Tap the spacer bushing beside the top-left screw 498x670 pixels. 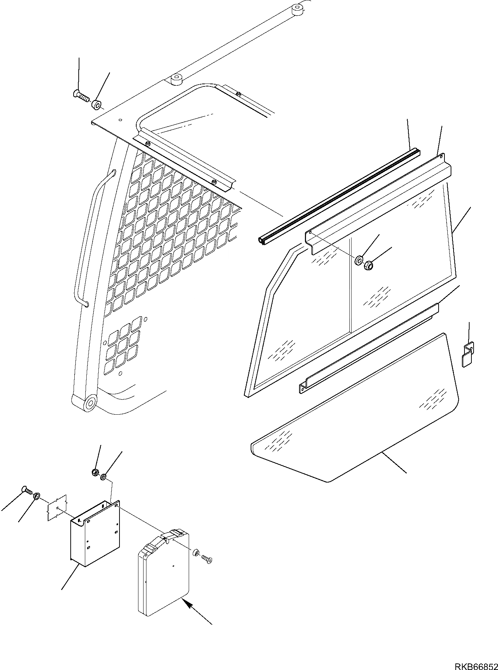pyautogui.click(x=97, y=105)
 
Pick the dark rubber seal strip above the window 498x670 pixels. pyautogui.click(x=339, y=195)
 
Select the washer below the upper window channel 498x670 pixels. pyautogui.click(x=358, y=260)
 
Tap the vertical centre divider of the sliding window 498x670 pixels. pyautogui.click(x=350, y=284)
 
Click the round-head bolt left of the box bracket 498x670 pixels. pyautogui.click(x=27, y=491)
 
